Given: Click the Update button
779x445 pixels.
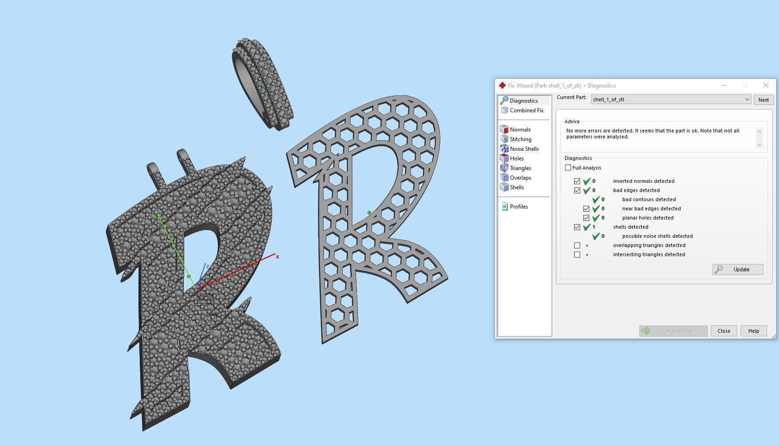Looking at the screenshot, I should coord(738,269).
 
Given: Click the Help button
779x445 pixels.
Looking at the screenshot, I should coord(753,331).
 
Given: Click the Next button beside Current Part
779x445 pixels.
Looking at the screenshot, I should coord(763,100).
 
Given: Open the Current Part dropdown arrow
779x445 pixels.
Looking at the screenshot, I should coord(747,99).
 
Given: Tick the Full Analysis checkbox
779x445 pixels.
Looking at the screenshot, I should coord(568,168).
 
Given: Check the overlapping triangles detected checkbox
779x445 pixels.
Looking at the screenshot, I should coord(577,245).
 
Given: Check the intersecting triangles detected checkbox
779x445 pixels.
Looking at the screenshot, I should coord(577,254).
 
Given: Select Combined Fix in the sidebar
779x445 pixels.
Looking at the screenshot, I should coord(526,110).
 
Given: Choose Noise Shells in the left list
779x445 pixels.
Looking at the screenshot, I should coord(524,149).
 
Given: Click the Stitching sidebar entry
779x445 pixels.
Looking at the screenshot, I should coord(520,139).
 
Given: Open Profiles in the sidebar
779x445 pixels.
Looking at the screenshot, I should coord(518,207).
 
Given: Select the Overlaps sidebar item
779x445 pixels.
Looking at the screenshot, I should coord(520,178).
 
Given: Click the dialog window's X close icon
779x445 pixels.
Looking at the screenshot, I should coord(765,86).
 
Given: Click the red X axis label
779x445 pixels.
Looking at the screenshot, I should coord(277,257).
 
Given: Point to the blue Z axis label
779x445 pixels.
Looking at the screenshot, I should coord(208,266).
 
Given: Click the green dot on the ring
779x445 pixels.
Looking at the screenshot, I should coord(263,85).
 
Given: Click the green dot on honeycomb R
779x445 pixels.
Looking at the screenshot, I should coord(369,213).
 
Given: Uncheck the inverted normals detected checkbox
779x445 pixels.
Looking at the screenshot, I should coord(577,181).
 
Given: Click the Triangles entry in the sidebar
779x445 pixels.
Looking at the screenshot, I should coord(520,168).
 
